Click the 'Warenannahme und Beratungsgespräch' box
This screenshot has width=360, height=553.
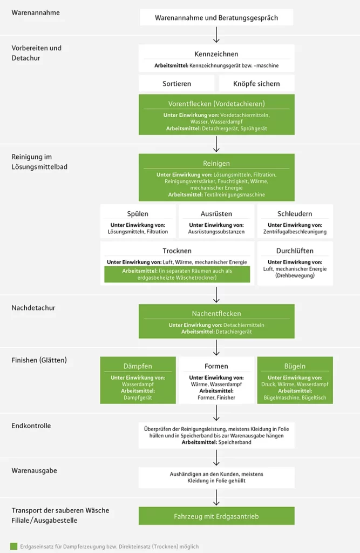[216, 18]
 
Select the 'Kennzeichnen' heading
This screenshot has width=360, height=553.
[216, 54]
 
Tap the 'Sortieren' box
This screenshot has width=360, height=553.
[176, 84]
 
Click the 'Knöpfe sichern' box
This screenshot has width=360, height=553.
[256, 84]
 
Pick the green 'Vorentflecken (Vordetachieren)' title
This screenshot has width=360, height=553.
[216, 104]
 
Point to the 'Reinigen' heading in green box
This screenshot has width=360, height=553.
[216, 163]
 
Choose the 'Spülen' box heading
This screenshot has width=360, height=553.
[138, 214]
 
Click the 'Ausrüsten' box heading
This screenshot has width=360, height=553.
[216, 214]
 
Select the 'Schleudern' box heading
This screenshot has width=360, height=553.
[295, 214]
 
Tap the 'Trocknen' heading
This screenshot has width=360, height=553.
[177, 251]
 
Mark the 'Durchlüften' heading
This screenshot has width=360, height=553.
[295, 251]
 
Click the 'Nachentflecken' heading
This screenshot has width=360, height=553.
[216, 313]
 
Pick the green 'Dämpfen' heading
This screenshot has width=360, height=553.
[138, 366]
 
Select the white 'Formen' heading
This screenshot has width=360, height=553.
[216, 366]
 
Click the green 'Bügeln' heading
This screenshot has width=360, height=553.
[295, 366]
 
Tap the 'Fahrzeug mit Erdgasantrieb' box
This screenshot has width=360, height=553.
[216, 516]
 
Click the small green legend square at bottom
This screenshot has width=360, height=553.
[13, 546]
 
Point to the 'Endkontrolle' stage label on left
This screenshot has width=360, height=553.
[31, 426]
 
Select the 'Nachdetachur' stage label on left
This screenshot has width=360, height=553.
[33, 308]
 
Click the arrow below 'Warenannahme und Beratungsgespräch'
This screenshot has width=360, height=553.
[216, 35]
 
